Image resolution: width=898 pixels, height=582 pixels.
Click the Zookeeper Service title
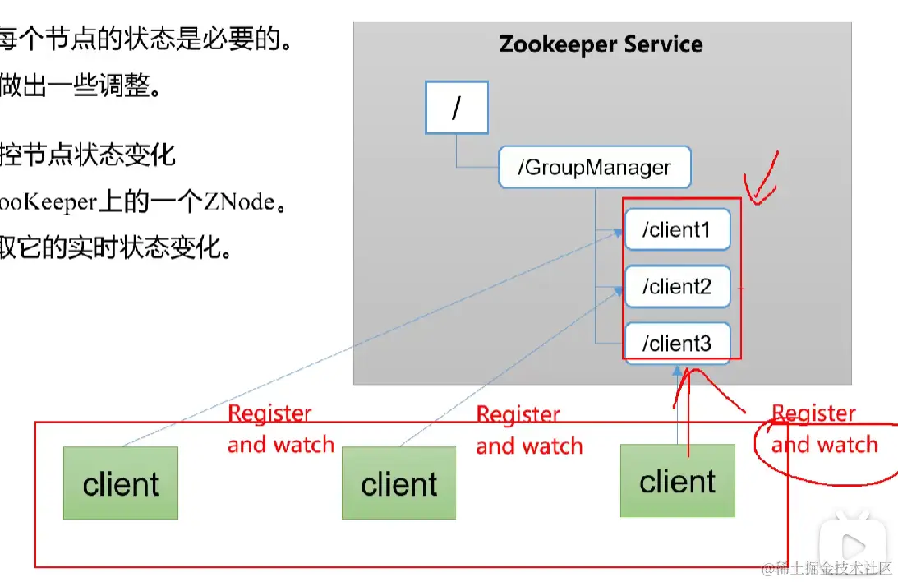tap(601, 44)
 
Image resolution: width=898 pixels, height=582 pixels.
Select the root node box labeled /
tap(456, 108)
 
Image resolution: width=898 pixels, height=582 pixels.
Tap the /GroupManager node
tap(594, 168)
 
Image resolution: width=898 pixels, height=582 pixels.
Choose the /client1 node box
tap(677, 230)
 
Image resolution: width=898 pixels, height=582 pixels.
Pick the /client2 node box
tap(677, 287)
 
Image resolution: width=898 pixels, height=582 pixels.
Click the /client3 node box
tap(677, 343)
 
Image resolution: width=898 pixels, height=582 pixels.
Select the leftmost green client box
tap(121, 483)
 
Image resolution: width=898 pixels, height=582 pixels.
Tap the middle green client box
tap(398, 483)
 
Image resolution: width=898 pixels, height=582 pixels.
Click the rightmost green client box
tap(677, 481)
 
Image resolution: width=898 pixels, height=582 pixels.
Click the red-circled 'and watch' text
tap(825, 446)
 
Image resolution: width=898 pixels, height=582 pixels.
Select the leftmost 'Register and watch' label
tap(280, 429)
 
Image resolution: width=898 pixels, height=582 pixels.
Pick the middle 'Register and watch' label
tap(529, 430)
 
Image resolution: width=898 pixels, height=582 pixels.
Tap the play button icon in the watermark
tap(853, 544)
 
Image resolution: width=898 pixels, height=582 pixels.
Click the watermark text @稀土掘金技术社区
tap(827, 569)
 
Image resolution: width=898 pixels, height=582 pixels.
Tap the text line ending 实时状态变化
tap(115, 247)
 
